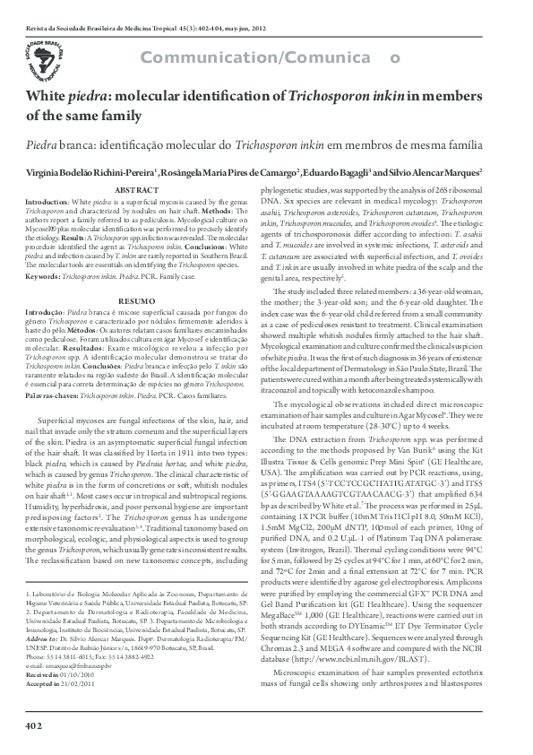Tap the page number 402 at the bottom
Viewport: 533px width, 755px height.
point(35,723)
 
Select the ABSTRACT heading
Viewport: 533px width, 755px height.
point(138,191)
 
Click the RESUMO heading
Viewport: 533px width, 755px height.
point(138,300)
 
